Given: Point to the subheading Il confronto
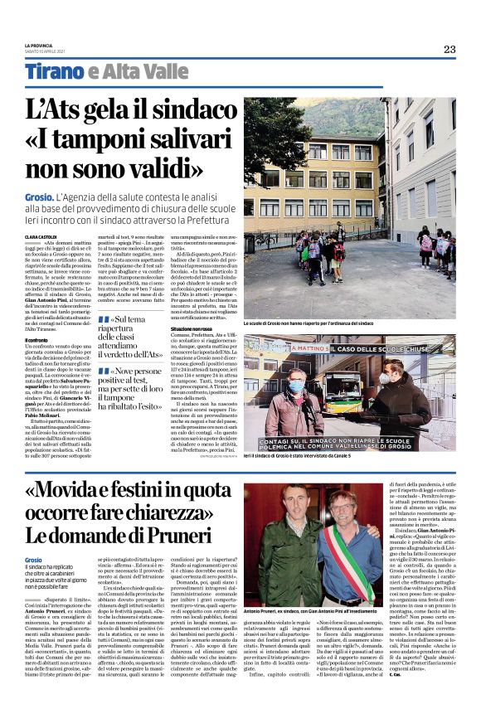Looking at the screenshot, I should [x=37, y=340].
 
